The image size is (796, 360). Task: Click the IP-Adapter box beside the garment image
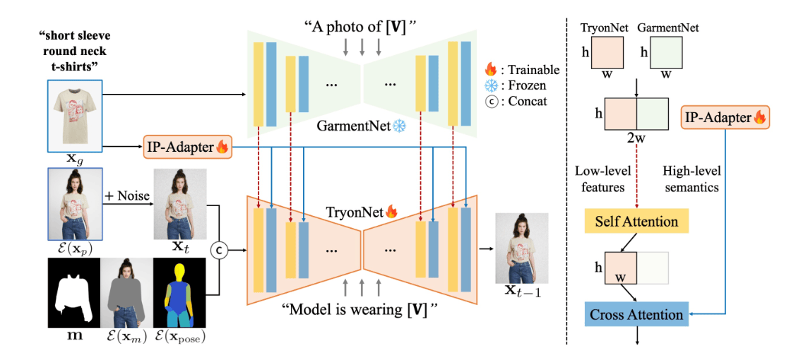[x=187, y=148]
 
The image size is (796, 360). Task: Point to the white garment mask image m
[x=73, y=292]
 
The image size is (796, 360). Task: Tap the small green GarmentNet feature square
[x=665, y=52]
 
